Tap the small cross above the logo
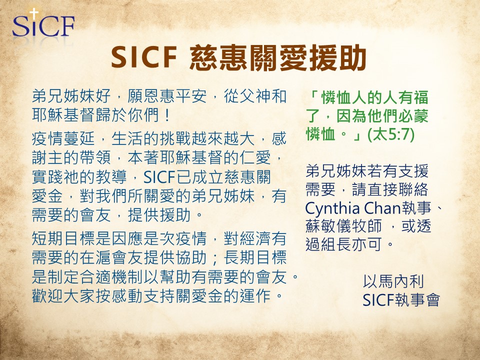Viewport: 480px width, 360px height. click(x=34, y=13)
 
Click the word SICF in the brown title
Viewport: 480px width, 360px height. click(x=144, y=57)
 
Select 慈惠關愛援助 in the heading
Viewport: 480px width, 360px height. click(x=278, y=57)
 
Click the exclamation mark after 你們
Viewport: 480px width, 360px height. click(x=167, y=115)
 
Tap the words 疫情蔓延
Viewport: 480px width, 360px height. click(x=63, y=138)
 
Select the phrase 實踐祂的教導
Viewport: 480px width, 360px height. click(x=79, y=177)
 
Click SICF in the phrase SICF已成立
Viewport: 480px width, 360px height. click(x=159, y=177)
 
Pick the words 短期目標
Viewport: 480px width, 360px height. click(x=63, y=238)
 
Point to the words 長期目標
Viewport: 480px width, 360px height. click(x=255, y=257)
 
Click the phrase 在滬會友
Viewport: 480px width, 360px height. click(x=111, y=257)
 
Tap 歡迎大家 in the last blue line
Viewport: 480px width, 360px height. click(x=63, y=295)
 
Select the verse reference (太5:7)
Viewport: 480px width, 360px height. click(x=391, y=134)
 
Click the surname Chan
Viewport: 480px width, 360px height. click(x=382, y=208)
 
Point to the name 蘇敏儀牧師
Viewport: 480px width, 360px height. click(x=343, y=226)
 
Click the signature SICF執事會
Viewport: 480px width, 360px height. click(x=401, y=299)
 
